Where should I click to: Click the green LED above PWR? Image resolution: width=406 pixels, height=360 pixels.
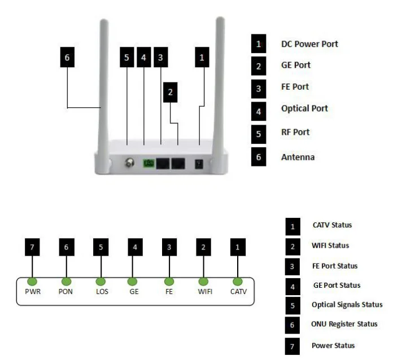32,281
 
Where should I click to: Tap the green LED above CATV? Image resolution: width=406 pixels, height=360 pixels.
238,281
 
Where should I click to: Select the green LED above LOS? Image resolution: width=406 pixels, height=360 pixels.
101,281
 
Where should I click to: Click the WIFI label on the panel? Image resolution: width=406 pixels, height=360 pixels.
204,292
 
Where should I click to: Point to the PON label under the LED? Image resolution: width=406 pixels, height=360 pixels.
67,292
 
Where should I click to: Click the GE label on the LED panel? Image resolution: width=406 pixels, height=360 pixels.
133,292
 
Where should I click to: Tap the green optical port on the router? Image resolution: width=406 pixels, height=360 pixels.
149,163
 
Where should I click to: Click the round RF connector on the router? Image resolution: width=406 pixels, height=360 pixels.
129,163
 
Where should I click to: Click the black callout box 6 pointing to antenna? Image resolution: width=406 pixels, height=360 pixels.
67,58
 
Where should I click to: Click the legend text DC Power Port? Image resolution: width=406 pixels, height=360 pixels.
309,43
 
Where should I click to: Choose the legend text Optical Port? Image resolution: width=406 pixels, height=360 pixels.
304,108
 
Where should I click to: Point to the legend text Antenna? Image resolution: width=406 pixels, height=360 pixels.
298,157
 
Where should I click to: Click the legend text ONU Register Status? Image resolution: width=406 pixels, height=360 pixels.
344,324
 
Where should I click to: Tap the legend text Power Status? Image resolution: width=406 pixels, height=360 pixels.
333,345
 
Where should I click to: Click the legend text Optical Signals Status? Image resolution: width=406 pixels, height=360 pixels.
347,305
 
